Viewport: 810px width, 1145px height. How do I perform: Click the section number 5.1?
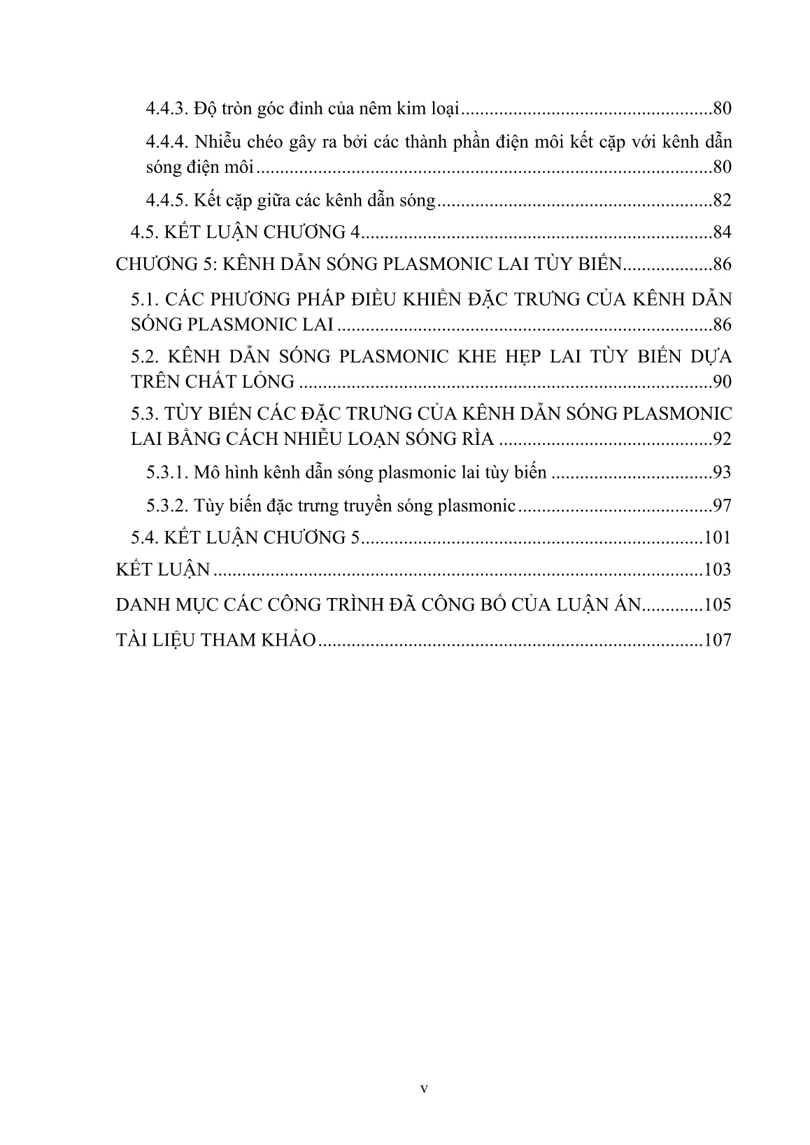tap(147, 299)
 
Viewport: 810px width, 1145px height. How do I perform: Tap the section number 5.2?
tap(147, 357)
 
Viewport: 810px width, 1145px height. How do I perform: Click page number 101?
tap(718, 537)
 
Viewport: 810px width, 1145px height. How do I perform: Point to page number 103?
tap(718, 569)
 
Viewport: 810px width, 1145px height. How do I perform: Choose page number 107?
tap(718, 639)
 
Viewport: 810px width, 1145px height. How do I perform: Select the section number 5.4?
tap(147, 537)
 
